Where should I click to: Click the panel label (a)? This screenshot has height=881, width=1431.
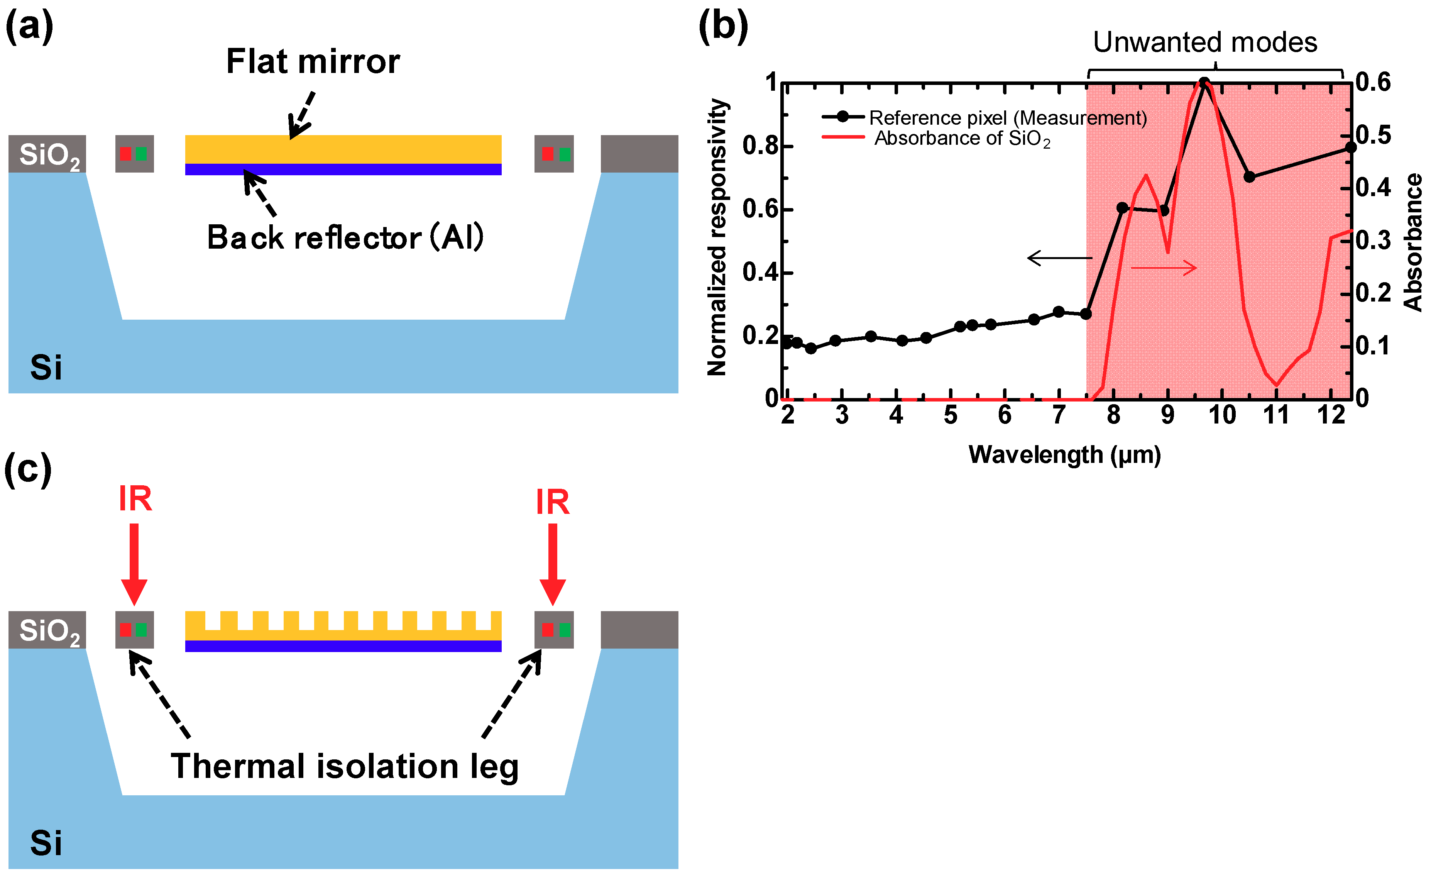29,27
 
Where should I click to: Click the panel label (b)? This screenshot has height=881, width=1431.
723,27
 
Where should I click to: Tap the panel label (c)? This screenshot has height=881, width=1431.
28,469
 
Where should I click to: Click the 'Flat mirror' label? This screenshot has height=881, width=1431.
313,62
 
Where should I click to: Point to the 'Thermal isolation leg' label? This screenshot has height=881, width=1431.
344,766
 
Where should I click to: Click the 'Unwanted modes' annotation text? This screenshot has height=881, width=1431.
1204,42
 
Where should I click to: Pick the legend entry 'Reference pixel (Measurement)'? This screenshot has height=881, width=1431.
1008,118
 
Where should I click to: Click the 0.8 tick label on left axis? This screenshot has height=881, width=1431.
759,146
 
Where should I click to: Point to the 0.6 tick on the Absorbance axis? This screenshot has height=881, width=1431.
1373,82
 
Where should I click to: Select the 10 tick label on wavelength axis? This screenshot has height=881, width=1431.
1221,415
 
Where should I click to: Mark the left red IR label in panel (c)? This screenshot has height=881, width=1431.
135,499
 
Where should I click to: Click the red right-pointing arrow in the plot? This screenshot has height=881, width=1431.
1164,268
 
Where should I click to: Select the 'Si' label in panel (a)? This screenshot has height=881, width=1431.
46,368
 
